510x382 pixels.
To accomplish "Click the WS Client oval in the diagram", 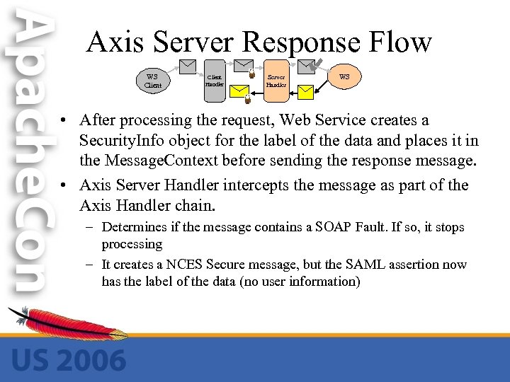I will click(x=153, y=81).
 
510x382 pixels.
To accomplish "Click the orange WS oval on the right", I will click(x=344, y=76).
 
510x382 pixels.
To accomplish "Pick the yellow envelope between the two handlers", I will click(x=242, y=91).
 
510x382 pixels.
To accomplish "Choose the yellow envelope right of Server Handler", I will click(x=305, y=91).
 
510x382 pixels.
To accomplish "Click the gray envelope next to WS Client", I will click(x=188, y=66).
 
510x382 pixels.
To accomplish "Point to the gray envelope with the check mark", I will click(x=307, y=66).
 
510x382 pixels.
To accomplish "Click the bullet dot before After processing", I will click(x=64, y=122).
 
